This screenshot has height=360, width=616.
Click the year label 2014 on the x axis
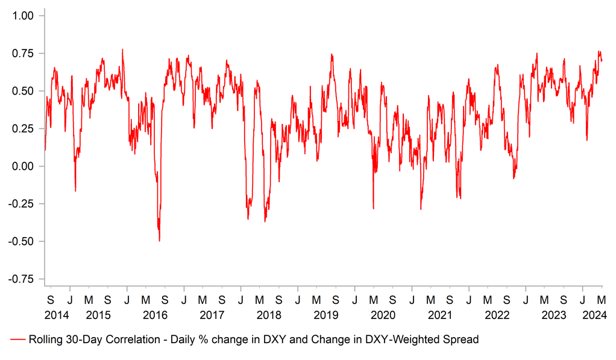[x=56, y=315]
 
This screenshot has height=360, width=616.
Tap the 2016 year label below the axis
[x=155, y=315]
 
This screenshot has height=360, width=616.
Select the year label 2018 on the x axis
[x=269, y=315]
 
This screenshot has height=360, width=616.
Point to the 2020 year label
[x=383, y=315]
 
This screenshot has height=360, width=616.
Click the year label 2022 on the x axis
[x=497, y=315]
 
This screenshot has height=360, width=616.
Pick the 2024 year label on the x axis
[x=594, y=315]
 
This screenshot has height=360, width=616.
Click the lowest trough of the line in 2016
[x=159, y=241]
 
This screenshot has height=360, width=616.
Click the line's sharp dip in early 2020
[x=373, y=209]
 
